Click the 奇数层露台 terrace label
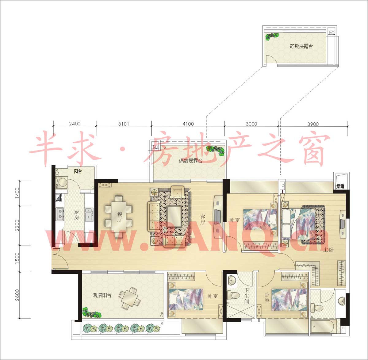[301, 46]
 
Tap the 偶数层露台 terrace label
[191, 161]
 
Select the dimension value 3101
[124, 124]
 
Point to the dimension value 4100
[188, 124]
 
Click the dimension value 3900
[313, 124]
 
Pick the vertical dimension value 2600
[17, 295]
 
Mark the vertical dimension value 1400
[17, 193]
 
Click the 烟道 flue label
[340, 186]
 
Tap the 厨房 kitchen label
[76, 215]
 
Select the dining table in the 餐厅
[119, 216]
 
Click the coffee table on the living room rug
[174, 216]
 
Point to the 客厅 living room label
[202, 220]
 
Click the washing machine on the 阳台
[62, 182]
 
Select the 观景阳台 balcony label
[102, 295]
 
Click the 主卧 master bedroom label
[328, 250]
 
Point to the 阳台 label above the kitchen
[78, 171]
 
